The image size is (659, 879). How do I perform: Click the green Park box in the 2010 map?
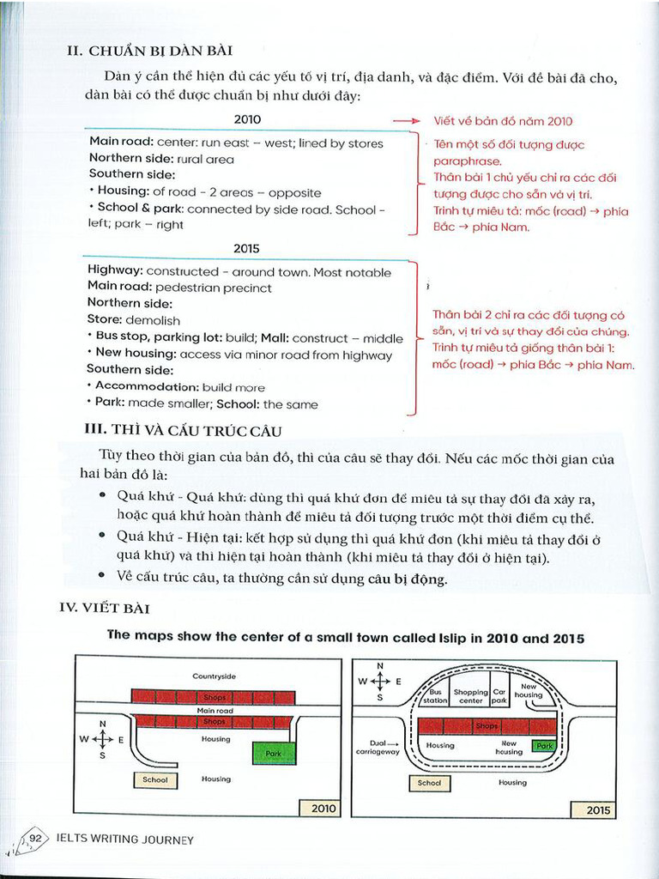tap(274, 753)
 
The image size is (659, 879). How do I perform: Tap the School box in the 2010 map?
tap(154, 779)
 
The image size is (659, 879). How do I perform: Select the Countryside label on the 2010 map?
tap(214, 676)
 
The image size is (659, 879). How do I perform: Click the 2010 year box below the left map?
tap(318, 808)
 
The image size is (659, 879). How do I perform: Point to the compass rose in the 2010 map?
tap(103, 739)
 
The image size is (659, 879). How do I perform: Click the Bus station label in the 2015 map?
tap(436, 696)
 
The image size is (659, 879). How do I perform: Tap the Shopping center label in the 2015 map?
tap(470, 696)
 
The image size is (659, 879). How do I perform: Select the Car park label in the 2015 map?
tap(499, 696)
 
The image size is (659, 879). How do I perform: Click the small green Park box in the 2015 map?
tap(544, 746)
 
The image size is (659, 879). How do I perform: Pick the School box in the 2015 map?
tap(429, 783)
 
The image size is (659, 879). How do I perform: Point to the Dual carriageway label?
tap(378, 747)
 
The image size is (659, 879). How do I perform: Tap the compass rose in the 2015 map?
tap(381, 681)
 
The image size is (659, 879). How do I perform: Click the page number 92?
tap(35, 839)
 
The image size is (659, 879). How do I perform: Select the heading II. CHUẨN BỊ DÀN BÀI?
tap(149, 51)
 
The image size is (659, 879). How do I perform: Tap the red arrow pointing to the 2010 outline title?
tap(405, 121)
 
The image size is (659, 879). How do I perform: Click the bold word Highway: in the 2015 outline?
tap(115, 271)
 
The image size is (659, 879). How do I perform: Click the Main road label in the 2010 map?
tap(215, 711)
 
